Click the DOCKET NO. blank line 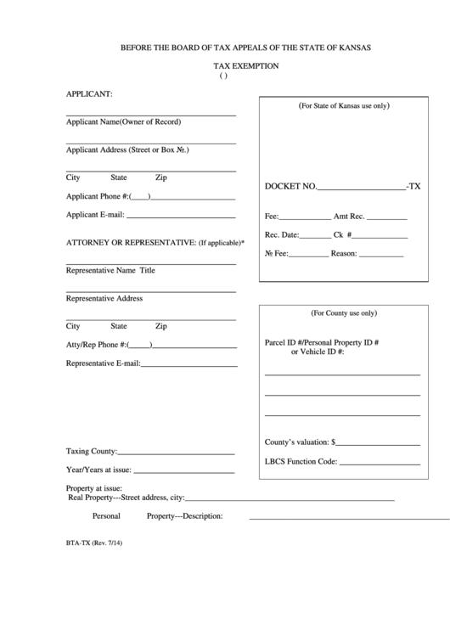click(x=361, y=187)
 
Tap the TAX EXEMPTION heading click(x=245, y=65)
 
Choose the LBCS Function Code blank click(x=380, y=464)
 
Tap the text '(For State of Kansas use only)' click(x=343, y=106)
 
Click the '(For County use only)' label click(x=343, y=312)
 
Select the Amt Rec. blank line click(x=380, y=218)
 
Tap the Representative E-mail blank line click(x=188, y=366)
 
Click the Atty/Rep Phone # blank click(x=194, y=346)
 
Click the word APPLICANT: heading click(x=90, y=93)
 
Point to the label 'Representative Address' click(x=104, y=299)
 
